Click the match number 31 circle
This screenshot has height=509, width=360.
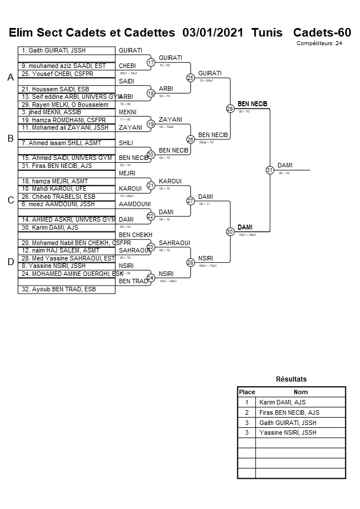pyautogui.click(x=270, y=170)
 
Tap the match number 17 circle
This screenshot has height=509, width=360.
pyautogui.click(x=151, y=62)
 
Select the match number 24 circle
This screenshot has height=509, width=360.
pyautogui.click(x=151, y=278)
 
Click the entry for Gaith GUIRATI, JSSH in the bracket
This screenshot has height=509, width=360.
pyautogui.click(x=55, y=51)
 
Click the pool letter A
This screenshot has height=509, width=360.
pyautogui.click(x=10, y=78)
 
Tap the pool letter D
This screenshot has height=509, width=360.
pyautogui.click(x=10, y=262)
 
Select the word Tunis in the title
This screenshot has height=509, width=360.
pyautogui.click(x=267, y=33)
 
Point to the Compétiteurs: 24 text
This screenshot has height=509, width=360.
pyautogui.click(x=319, y=43)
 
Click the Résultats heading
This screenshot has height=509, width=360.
pyautogui.click(x=291, y=379)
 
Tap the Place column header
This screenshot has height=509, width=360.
pyautogui.click(x=247, y=392)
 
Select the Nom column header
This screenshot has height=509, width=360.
pyautogui.click(x=301, y=392)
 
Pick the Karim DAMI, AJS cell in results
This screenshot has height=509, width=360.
pyautogui.click(x=282, y=402)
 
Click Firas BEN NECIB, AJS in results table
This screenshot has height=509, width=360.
pyautogui.click(x=289, y=412)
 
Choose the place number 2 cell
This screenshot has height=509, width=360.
pyautogui.click(x=247, y=412)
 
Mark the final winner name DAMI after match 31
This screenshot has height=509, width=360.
pyautogui.click(x=285, y=165)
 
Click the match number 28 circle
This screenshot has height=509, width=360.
pyautogui.click(x=191, y=262)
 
